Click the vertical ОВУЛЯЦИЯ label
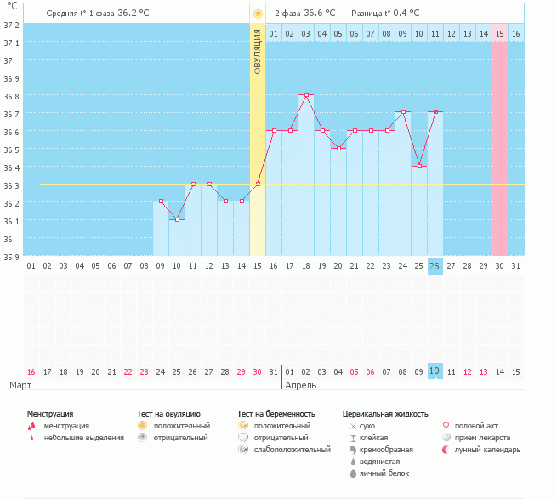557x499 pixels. pyautogui.click(x=258, y=52)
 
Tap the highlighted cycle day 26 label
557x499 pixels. pyautogui.click(x=435, y=265)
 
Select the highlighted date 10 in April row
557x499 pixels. pyautogui.click(x=435, y=371)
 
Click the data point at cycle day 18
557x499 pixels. pyautogui.click(x=306, y=95)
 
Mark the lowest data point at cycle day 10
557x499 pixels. pyautogui.click(x=177, y=219)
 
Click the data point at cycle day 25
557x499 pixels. pyautogui.click(x=419, y=166)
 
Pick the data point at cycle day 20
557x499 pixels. pyautogui.click(x=338, y=148)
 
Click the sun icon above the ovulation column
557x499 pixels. pyautogui.click(x=258, y=14)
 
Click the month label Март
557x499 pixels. pyautogui.click(x=22, y=385)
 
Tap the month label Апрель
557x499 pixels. pyautogui.click(x=301, y=385)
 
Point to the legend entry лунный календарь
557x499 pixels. pyautogui.click(x=486, y=449)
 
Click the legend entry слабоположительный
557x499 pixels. pyautogui.click(x=291, y=449)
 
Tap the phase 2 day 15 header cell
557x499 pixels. pyautogui.click(x=500, y=33)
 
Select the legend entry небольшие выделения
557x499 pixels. pyautogui.click(x=83, y=437)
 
